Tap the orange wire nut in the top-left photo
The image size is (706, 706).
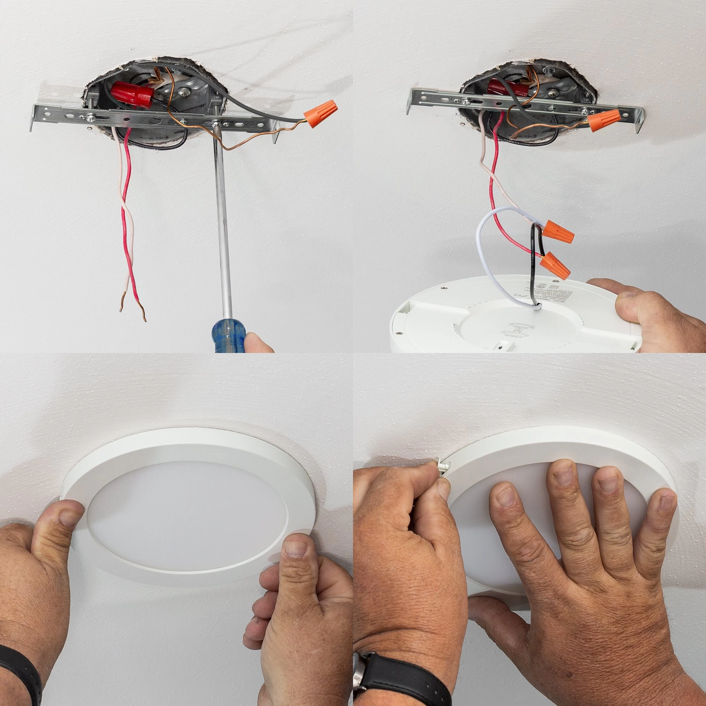321,114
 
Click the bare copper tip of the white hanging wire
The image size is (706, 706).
122,305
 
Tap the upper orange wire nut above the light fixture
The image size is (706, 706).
558,232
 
